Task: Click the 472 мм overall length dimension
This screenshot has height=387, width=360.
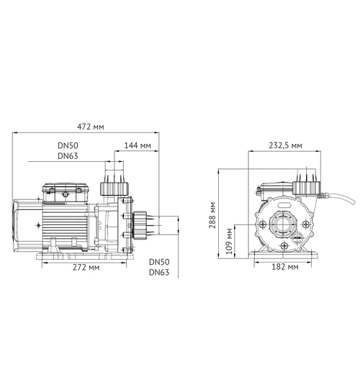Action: click(x=90, y=127)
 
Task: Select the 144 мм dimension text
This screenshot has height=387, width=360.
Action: click(x=138, y=146)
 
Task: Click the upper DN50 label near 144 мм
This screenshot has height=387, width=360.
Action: click(x=68, y=145)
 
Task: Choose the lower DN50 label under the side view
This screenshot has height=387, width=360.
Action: click(x=159, y=263)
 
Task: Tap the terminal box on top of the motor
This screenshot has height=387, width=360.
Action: click(x=66, y=193)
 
